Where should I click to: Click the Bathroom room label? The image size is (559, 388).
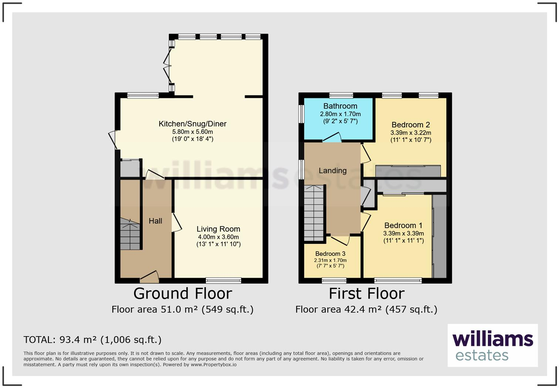[x=340, y=106]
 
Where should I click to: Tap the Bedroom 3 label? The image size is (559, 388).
[x=330, y=254]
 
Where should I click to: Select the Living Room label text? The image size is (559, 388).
[x=218, y=229]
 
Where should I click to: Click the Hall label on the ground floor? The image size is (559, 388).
[x=155, y=221]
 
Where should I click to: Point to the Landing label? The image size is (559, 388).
[x=332, y=171]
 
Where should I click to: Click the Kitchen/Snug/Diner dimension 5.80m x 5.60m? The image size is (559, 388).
[x=192, y=132]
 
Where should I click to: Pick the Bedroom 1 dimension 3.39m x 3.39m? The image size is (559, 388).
[x=403, y=234]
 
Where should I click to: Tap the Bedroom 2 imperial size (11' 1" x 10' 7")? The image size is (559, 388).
[x=411, y=140]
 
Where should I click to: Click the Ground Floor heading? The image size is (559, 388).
[x=183, y=294]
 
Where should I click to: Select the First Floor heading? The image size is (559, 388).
[x=366, y=294]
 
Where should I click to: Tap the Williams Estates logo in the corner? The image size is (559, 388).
[x=492, y=345]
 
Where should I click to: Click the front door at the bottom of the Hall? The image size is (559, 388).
[x=149, y=275]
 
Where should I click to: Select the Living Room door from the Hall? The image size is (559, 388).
[x=176, y=223]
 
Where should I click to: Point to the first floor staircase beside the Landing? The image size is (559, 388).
[x=314, y=213]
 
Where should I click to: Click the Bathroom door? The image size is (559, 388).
[x=332, y=137]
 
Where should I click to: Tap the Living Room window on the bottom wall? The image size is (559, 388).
[x=223, y=280]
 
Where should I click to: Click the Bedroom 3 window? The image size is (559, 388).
[x=334, y=280]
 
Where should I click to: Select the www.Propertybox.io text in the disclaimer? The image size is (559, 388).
[x=213, y=365]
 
